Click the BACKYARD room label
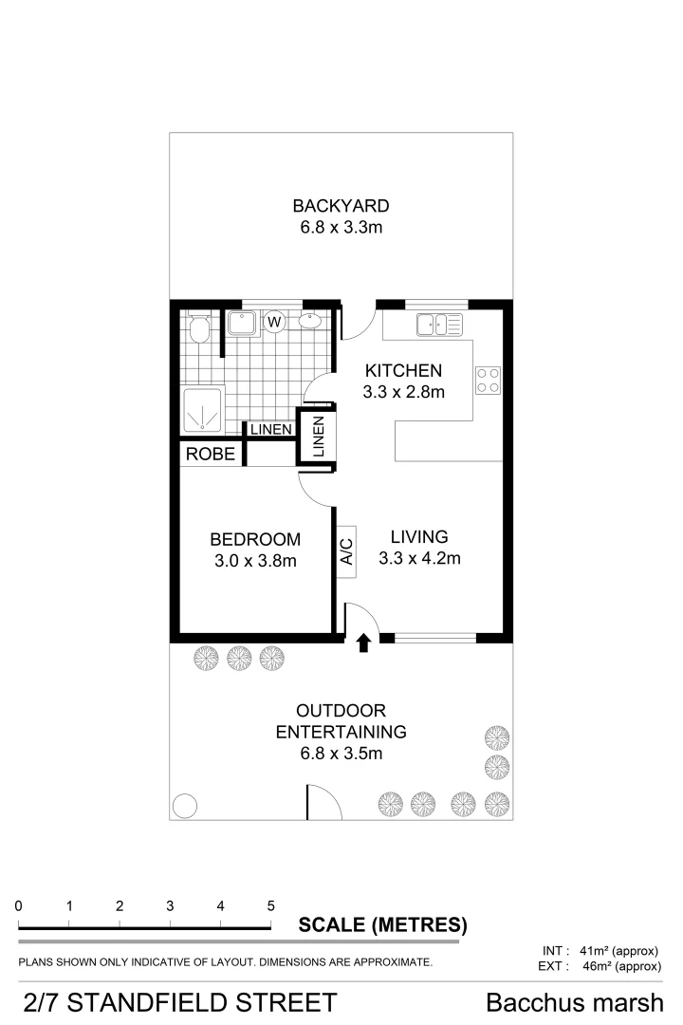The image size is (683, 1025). [341, 206]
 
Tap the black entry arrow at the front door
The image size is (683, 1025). [363, 644]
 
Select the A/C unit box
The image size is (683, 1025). [346, 551]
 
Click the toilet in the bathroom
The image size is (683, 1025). [199, 329]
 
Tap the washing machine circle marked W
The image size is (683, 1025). [274, 323]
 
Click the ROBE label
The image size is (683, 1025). [210, 454]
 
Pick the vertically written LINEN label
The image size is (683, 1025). [318, 437]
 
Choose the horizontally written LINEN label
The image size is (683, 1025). [270, 430]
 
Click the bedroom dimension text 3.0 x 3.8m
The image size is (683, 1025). [255, 561]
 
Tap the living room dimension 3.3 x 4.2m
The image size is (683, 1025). [419, 559]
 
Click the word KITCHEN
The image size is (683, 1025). [403, 370]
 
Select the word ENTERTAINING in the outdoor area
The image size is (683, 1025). [341, 732]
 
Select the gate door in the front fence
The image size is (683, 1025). [323, 802]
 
